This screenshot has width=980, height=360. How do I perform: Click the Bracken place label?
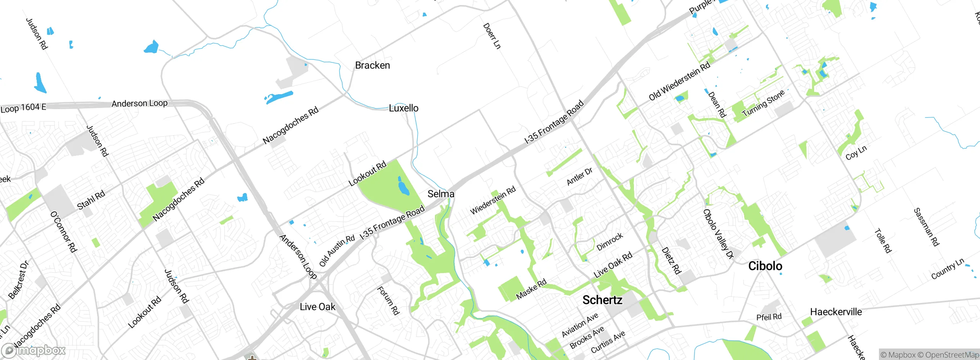[x=372, y=65]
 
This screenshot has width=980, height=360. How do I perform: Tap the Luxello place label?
[x=403, y=108]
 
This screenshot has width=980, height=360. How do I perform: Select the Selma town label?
[x=441, y=194]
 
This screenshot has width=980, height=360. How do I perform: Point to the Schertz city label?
[x=602, y=300]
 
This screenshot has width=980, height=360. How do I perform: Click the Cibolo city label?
[x=765, y=266]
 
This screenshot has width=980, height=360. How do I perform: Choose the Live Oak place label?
[x=317, y=307]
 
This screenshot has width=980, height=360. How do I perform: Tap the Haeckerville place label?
[x=836, y=312]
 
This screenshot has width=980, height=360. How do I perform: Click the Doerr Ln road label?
[x=492, y=36]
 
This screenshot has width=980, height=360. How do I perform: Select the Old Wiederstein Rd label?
[x=679, y=81]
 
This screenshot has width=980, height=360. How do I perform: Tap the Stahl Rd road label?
[x=91, y=200]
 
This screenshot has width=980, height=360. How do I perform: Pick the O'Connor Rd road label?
[x=64, y=232]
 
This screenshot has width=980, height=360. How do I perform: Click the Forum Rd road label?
[x=388, y=301]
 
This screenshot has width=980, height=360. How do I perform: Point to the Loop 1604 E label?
[x=23, y=108]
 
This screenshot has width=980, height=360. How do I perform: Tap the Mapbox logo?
[x=34, y=350]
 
